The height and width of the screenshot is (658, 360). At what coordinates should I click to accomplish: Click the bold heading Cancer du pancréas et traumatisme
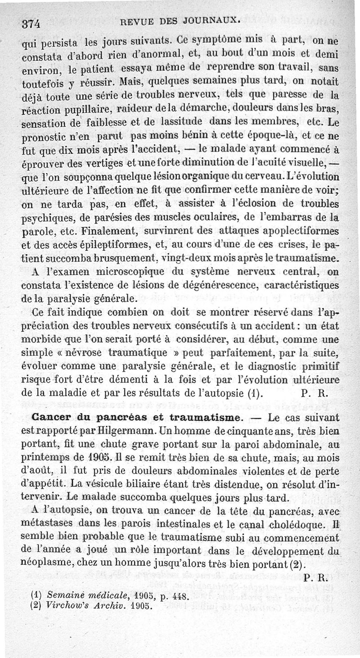(132, 417)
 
